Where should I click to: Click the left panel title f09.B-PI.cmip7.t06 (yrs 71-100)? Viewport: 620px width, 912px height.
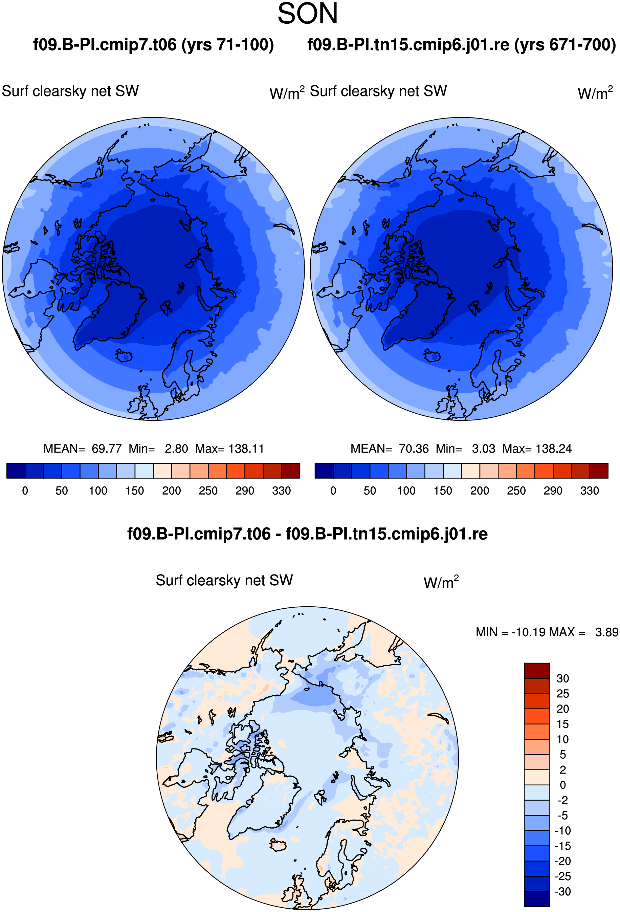click(x=153, y=45)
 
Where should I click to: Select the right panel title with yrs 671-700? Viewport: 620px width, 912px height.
click(x=462, y=45)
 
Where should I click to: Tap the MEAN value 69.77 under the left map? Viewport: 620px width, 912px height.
click(x=107, y=449)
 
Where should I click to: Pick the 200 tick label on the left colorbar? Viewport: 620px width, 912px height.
click(x=172, y=491)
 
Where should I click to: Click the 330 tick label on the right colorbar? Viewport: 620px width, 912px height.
click(x=590, y=491)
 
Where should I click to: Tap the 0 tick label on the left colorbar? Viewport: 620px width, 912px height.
click(x=25, y=491)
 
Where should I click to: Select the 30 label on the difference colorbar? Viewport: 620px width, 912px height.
click(x=563, y=678)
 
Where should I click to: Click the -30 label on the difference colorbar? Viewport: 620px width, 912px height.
click(x=563, y=892)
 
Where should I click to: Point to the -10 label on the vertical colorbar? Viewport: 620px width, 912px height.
click(x=563, y=831)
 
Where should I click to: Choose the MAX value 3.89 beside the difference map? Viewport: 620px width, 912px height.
click(x=607, y=632)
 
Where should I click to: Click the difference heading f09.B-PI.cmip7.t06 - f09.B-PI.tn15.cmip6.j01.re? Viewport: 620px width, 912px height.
click(x=307, y=534)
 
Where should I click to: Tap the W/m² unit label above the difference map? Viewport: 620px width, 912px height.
click(x=441, y=582)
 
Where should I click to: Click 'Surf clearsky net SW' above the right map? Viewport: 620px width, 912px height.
click(x=378, y=91)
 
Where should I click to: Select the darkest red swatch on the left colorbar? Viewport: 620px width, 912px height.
click(x=291, y=471)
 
